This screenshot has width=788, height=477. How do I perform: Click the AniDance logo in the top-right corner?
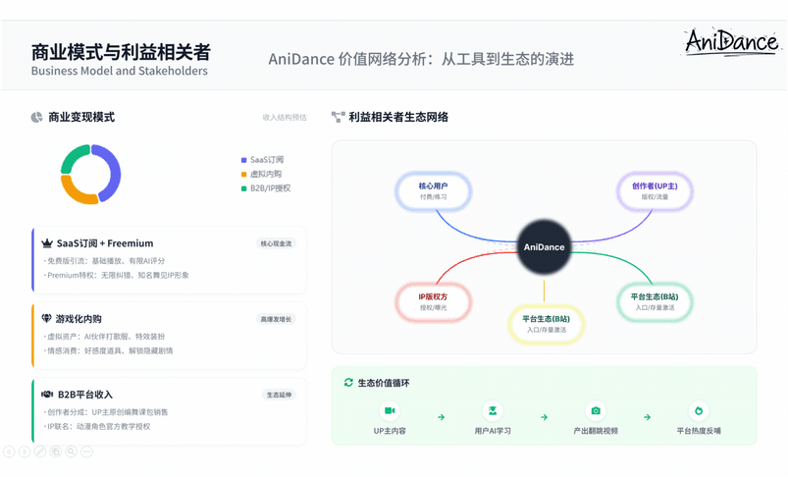pyautogui.click(x=731, y=41)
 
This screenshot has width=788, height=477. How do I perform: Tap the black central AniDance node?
pyautogui.click(x=545, y=247)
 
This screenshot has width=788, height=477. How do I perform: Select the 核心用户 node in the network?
pyautogui.click(x=433, y=190)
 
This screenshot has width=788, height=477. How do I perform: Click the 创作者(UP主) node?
pyautogui.click(x=655, y=190)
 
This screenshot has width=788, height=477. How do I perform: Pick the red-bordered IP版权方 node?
pyautogui.click(x=433, y=301)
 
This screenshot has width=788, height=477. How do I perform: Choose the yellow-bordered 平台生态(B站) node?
pyautogui.click(x=547, y=323)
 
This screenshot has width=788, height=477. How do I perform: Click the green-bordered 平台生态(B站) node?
pyautogui.click(x=655, y=301)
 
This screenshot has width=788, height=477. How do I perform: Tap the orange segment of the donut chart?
pyautogui.click(x=77, y=190)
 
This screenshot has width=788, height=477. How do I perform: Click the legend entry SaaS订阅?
pyautogui.click(x=265, y=159)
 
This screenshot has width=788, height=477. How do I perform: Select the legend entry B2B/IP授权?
pyautogui.click(x=269, y=187)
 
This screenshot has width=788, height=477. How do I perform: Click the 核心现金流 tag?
pyautogui.click(x=276, y=243)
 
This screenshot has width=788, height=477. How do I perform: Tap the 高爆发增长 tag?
pyautogui.click(x=276, y=319)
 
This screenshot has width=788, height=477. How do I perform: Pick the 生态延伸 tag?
pyautogui.click(x=280, y=395)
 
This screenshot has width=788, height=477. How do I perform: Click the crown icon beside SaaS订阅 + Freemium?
pyautogui.click(x=47, y=243)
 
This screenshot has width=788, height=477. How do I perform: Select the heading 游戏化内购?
pyautogui.click(x=79, y=319)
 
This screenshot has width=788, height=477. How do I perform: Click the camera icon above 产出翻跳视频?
pyautogui.click(x=596, y=411)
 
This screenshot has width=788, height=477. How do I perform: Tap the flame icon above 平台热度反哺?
pyautogui.click(x=699, y=411)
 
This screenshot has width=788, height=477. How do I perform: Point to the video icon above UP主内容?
pyautogui.click(x=390, y=411)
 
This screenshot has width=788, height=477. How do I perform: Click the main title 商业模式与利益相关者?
pyautogui.click(x=121, y=51)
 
